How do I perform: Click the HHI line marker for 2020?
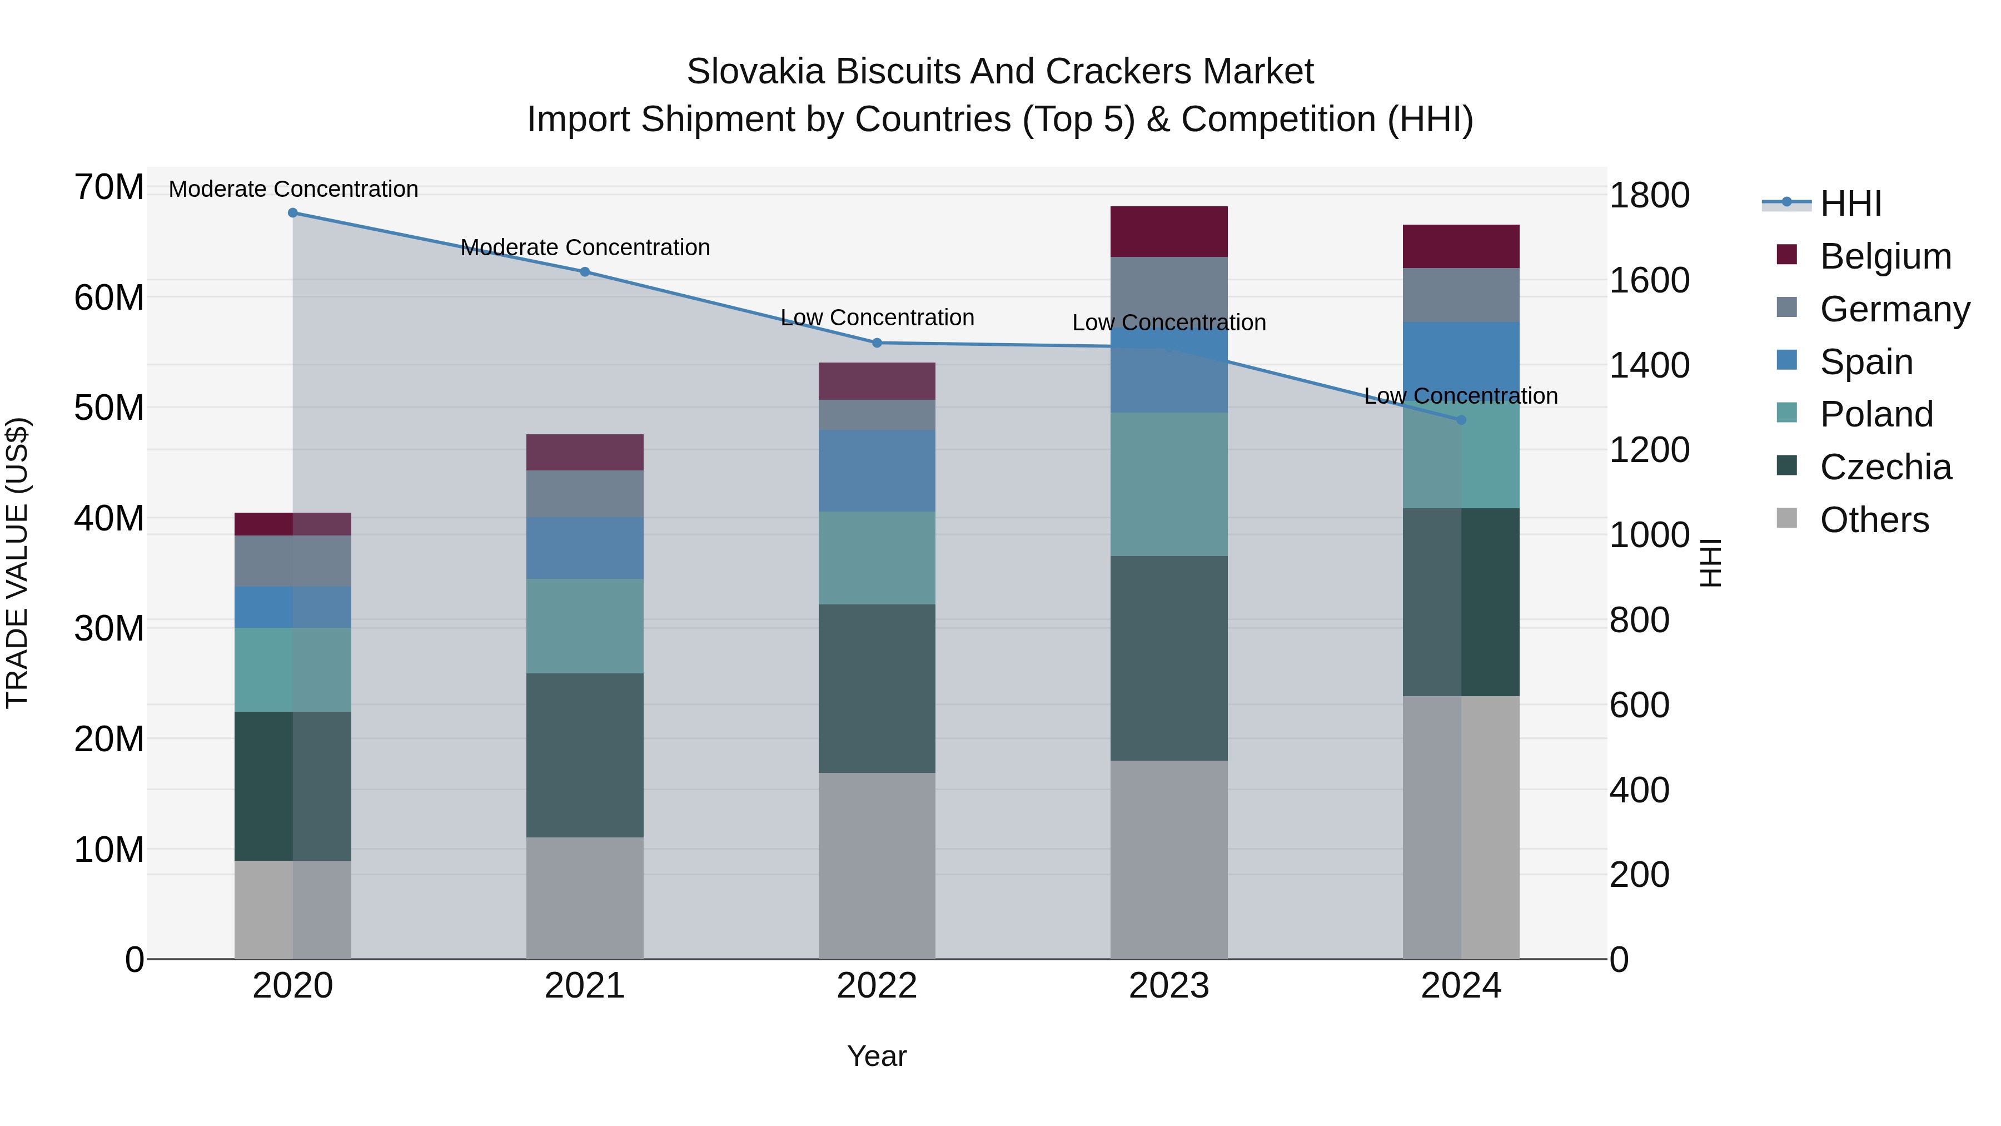[293, 213]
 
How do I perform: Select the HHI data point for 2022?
[877, 343]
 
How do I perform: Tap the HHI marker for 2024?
[1461, 420]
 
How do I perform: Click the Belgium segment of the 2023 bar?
[1169, 231]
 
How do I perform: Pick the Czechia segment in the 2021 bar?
[585, 755]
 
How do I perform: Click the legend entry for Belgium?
[1885, 256]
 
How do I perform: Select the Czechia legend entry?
[1885, 467]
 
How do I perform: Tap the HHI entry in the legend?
[1850, 204]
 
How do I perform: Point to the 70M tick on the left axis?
[109, 187]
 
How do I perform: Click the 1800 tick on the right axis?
[1649, 195]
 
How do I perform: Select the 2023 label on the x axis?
[1169, 986]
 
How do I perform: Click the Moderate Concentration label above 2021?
[585, 247]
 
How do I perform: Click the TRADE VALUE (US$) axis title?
[17, 563]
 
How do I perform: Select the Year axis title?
[877, 1056]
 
